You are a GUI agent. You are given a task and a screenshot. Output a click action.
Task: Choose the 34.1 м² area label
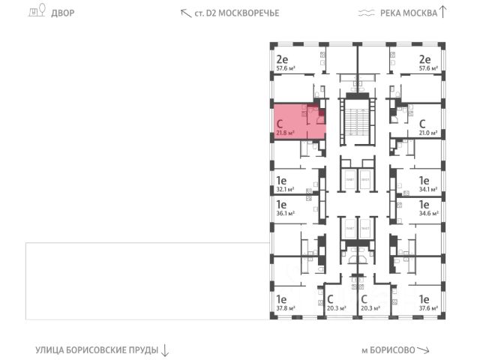click(x=428, y=190)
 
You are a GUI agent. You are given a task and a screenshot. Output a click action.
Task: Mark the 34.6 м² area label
click(x=428, y=212)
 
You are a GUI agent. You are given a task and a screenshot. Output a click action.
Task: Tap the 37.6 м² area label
click(x=428, y=307)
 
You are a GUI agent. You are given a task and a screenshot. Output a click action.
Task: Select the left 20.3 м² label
click(x=336, y=307)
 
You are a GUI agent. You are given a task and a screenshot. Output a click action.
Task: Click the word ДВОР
click(x=63, y=13)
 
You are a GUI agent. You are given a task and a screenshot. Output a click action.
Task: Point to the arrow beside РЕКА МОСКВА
click(x=443, y=11)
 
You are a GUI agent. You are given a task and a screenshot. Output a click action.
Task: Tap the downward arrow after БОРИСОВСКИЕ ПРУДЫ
click(x=166, y=350)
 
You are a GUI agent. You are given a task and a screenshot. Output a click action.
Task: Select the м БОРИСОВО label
click(x=388, y=350)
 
